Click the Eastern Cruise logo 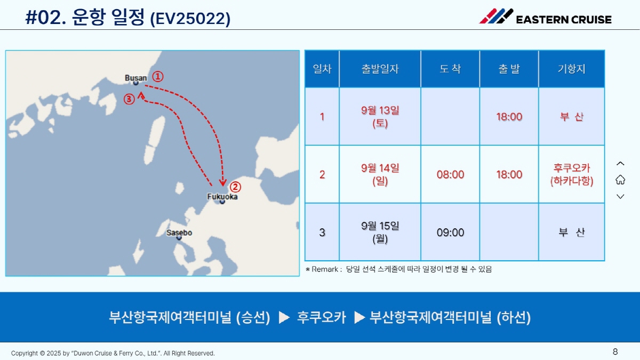point(545,17)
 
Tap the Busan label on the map point(135,78)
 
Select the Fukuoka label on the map point(222,197)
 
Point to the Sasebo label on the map point(179,233)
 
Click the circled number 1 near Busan point(158,77)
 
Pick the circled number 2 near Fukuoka point(235,187)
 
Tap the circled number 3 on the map point(129,99)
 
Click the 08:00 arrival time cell point(450,174)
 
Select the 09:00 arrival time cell point(450,233)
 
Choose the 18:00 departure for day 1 point(509,117)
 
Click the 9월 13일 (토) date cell point(380,117)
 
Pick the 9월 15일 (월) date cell point(380,233)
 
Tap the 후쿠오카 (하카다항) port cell point(572,174)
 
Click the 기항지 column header point(572,69)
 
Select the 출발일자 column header point(380,69)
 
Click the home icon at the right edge point(620,180)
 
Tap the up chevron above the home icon point(620,164)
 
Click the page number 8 point(615,351)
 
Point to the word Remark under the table point(325,269)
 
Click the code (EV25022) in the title point(190,19)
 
